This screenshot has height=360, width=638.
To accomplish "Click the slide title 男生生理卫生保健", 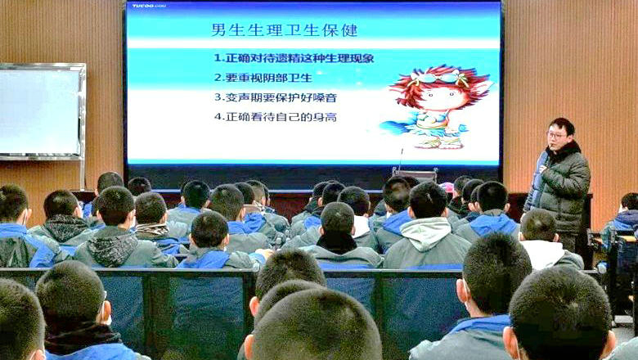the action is (285, 30).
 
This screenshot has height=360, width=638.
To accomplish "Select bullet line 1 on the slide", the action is (294, 58).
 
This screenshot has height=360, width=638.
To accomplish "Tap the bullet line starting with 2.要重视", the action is (263, 78).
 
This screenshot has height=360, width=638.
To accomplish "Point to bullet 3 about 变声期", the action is (276, 97).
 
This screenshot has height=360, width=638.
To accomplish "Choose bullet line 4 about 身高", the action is (276, 117).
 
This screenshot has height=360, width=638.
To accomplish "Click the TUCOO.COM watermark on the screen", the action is (149, 6).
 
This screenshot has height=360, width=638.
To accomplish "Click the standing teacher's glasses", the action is (556, 135).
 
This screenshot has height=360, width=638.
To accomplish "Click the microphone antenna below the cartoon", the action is (400, 159).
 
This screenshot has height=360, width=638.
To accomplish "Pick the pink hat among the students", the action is (447, 187).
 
